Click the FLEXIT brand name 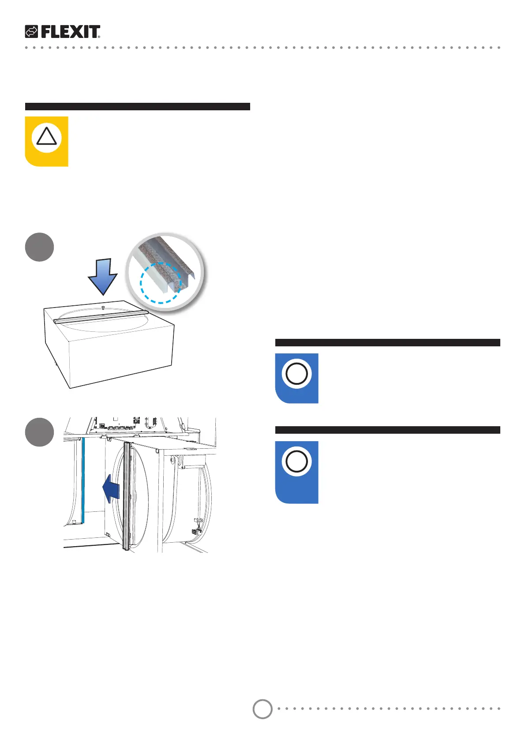(71, 32)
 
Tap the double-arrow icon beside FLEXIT (31, 32)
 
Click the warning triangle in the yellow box (46, 136)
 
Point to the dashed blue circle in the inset (161, 283)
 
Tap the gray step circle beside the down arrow (40, 247)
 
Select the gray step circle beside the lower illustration (40, 432)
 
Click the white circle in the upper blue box (297, 374)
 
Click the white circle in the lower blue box (297, 462)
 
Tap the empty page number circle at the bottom (262, 709)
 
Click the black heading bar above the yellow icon (137, 106)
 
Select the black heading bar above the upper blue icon (387, 342)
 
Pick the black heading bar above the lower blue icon (387, 430)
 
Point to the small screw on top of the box (103, 307)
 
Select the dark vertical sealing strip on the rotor (127, 496)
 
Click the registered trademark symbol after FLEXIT (99, 37)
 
